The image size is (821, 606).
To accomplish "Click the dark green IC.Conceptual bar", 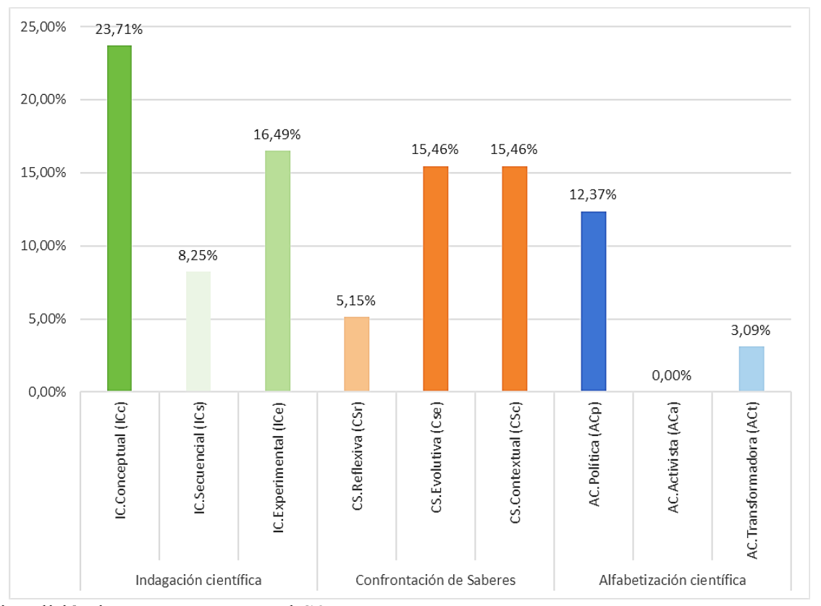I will pos(119,218).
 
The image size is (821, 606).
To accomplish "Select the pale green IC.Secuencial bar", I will pos(198,331).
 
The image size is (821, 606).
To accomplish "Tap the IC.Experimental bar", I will pos(277,271).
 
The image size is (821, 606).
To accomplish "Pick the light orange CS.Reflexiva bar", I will pos(356,354).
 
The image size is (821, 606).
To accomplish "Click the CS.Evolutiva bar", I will pos(435,279).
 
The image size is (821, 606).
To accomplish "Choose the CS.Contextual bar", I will pos(514,279).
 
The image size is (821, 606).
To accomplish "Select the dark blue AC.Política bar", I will pos(593,302).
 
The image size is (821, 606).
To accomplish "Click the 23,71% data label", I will pos(119,30).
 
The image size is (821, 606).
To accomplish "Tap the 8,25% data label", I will pos(198,255).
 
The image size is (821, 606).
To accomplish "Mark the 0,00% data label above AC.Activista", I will pos(673,375).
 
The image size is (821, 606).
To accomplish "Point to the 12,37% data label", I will pos(593,195).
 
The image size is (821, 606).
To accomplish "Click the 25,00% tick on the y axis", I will pos(43,27).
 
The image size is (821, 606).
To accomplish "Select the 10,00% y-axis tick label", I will pos(43,246).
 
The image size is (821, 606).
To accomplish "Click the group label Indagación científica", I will pos(198,579).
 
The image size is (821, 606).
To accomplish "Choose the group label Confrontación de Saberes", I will pos(435,579).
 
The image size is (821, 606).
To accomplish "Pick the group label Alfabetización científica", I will pos(673,579).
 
